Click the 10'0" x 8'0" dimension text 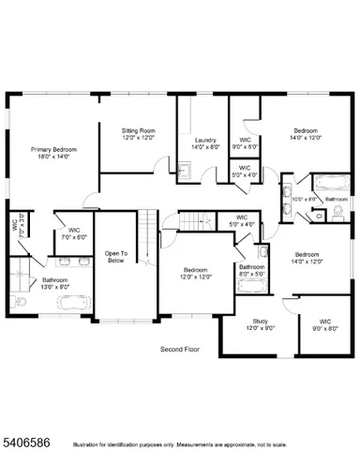click(302, 199)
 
